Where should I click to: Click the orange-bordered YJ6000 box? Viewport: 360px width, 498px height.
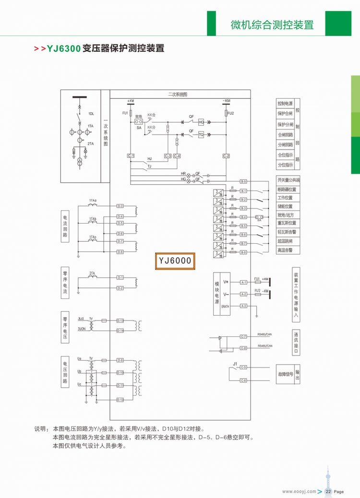pyautogui.click(x=175, y=261)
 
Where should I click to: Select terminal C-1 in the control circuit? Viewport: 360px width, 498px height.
pyautogui.click(x=131, y=156)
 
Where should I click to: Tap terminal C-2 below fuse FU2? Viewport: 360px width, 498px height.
pyautogui.click(x=227, y=156)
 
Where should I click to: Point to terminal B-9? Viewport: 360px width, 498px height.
pyautogui.click(x=243, y=181)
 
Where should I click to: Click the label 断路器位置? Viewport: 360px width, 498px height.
pyautogui.click(x=287, y=189)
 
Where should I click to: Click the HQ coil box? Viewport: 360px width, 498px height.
pyautogui.click(x=201, y=122)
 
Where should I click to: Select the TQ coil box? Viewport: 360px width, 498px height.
pyautogui.click(x=201, y=135)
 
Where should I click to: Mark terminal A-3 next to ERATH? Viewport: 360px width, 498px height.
pyautogui.click(x=243, y=306)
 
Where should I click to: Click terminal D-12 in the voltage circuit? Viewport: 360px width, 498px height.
pyautogui.click(x=120, y=400)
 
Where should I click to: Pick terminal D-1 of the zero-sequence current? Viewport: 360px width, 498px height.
pyautogui.click(x=120, y=278)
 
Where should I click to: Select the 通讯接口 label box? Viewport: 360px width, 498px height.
pyautogui.click(x=297, y=343)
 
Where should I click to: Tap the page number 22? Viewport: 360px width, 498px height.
pyautogui.click(x=329, y=491)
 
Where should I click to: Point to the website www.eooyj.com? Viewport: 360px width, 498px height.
pyautogui.click(x=299, y=491)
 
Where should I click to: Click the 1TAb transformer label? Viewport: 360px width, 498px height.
pyautogui.click(x=93, y=219)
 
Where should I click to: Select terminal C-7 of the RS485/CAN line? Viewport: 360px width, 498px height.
pyautogui.click(x=243, y=336)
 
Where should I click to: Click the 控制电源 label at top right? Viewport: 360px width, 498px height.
pyautogui.click(x=285, y=104)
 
